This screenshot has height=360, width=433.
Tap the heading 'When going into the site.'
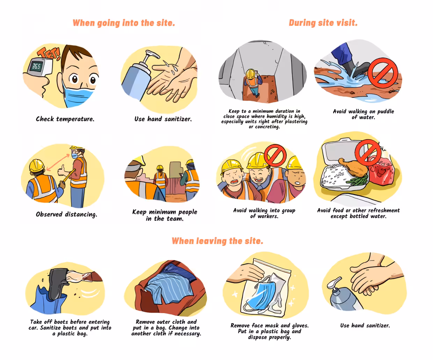[x=124, y=23]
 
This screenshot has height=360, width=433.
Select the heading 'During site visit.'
[x=323, y=23]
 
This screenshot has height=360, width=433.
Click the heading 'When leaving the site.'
[x=218, y=241]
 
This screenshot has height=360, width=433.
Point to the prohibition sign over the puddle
[x=383, y=73]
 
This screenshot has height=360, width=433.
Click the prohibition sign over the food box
[x=368, y=152]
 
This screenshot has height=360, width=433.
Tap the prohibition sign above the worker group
[x=276, y=155]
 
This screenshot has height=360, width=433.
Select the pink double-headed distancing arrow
[x=58, y=163]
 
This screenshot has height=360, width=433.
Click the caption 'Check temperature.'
[x=65, y=119]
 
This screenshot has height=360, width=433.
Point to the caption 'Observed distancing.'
[x=66, y=214]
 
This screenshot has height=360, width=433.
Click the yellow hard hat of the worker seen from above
[x=250, y=74]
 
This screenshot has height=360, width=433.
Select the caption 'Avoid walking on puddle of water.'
[x=363, y=114]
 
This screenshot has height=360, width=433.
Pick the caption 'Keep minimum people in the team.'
[x=165, y=215]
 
